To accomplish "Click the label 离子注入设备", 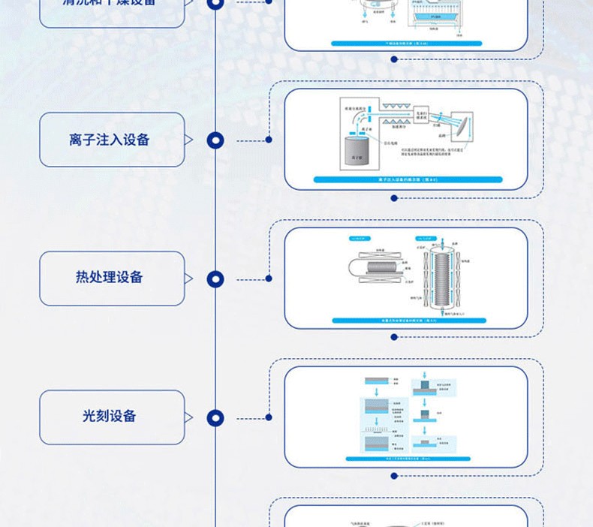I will [110, 140].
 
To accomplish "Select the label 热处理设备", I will [110, 278].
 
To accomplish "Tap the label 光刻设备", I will [110, 416].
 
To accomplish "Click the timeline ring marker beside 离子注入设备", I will [215, 140].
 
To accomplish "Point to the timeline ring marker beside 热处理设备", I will [215, 279].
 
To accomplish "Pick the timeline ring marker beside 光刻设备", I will [215, 417].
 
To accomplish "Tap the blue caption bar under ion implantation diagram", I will [406, 180].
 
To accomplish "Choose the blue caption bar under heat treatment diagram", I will [406, 319].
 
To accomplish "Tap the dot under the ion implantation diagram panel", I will [394, 198].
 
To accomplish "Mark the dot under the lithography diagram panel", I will [394, 476].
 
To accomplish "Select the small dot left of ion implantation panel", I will [268, 140].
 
